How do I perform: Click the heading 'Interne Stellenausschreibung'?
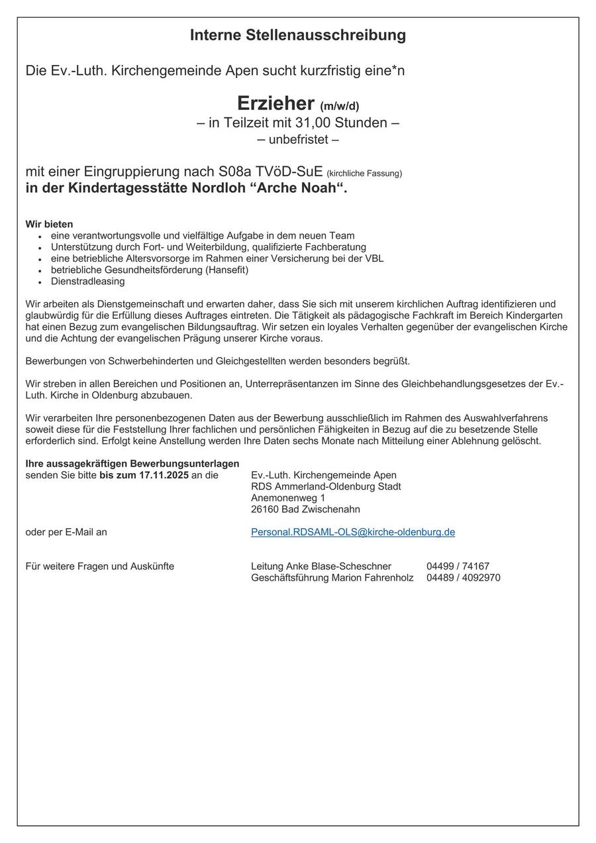point(298,35)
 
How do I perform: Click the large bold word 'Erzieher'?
point(275,103)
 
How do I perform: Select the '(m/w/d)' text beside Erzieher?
point(340,106)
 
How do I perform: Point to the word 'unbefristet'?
point(298,140)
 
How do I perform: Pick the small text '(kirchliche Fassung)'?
point(364,174)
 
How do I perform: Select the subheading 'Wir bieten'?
point(49,224)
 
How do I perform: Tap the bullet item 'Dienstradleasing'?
point(87,281)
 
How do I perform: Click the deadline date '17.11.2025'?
point(164,475)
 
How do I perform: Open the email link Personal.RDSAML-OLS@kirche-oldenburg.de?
point(353,532)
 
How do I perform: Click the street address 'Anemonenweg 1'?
point(288,498)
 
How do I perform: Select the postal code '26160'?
point(265,509)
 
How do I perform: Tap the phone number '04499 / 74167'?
point(458,566)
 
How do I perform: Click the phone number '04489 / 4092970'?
point(463,577)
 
